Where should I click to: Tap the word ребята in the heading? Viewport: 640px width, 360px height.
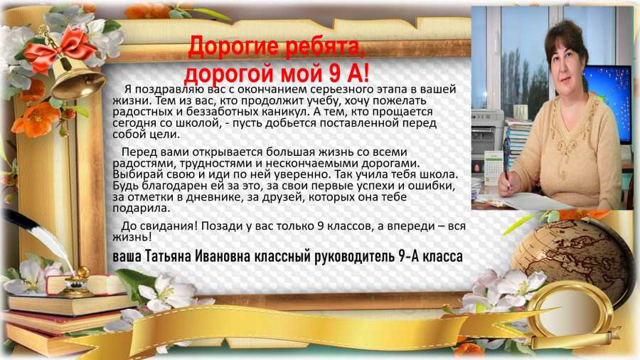point(323,47)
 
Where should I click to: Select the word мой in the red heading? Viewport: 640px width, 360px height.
point(300,73)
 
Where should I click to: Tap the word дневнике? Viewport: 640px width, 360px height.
point(215,197)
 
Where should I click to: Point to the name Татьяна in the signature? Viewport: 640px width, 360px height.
point(169,256)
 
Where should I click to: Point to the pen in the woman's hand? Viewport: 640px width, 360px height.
point(506,163)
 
